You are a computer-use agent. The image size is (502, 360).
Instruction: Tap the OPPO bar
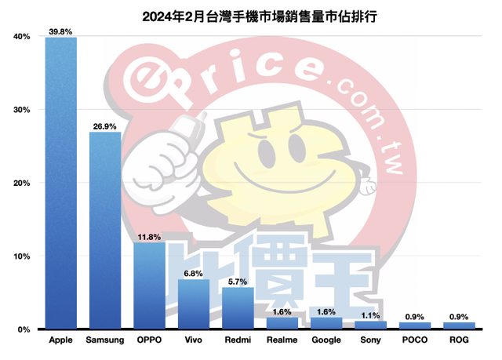coord(149,285)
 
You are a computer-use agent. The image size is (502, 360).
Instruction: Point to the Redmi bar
coord(238,307)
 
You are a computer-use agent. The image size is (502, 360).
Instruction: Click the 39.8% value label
coord(61,31)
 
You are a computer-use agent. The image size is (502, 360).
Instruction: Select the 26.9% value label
coord(105,125)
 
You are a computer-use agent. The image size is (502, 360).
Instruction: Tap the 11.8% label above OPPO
coord(149,236)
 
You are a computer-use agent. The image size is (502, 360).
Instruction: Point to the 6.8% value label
coord(193,273)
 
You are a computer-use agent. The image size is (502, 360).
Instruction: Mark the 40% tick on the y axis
coord(21,37)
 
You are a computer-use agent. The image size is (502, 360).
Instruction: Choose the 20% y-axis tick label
coord(21,183)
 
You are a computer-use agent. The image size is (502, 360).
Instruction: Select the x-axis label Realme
coord(282,341)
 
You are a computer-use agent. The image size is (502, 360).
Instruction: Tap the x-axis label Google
coord(326,341)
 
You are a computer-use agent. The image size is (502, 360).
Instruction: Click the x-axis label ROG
coord(458,341)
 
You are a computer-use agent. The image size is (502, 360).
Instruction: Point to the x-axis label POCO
coord(414,341)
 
